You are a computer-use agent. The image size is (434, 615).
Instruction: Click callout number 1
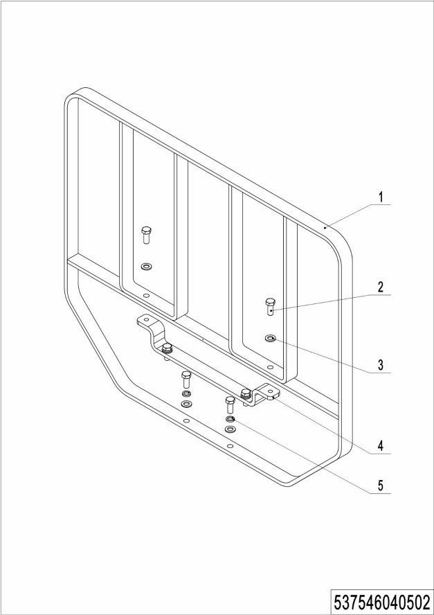point(380,197)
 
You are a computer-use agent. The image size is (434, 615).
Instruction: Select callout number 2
point(380,287)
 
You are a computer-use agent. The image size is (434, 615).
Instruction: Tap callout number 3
point(380,365)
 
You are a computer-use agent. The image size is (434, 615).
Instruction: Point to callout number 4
point(380,445)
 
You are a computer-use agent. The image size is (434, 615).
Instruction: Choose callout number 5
point(380,485)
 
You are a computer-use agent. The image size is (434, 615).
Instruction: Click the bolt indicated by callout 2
point(270,307)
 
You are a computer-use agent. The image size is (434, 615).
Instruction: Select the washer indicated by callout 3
point(270,338)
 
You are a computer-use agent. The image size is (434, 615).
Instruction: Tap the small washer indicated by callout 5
point(230,419)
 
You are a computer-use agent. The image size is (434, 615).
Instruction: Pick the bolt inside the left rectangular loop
point(146,235)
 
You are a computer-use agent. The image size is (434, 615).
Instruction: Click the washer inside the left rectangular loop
point(146,267)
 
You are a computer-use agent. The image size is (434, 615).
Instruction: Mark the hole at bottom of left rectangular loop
point(146,295)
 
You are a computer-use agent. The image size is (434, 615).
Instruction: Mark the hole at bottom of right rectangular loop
point(270,367)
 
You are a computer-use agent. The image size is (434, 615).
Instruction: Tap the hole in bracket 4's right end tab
point(271,391)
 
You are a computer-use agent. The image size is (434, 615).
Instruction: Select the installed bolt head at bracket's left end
point(168,347)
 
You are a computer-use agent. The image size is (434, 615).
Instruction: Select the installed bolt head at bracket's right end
point(246,392)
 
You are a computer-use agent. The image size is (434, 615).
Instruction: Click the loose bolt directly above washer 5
point(230,405)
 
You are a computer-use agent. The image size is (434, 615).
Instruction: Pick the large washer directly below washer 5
point(230,429)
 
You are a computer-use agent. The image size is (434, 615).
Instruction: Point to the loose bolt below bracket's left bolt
point(186,380)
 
